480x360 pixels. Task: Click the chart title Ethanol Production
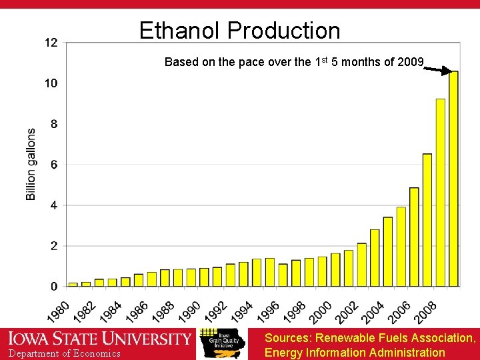[x=239, y=31]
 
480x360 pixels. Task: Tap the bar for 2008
[x=440, y=193]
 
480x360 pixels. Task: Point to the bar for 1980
[x=73, y=285]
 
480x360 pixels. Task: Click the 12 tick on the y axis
[x=51, y=43]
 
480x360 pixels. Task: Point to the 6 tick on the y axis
[x=53, y=165]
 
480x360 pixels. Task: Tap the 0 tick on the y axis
[x=53, y=287]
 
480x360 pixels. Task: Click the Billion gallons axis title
[x=31, y=165]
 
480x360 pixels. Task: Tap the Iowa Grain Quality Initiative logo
[x=222, y=342]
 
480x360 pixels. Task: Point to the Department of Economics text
[x=65, y=353]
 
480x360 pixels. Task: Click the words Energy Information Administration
[x=355, y=353]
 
